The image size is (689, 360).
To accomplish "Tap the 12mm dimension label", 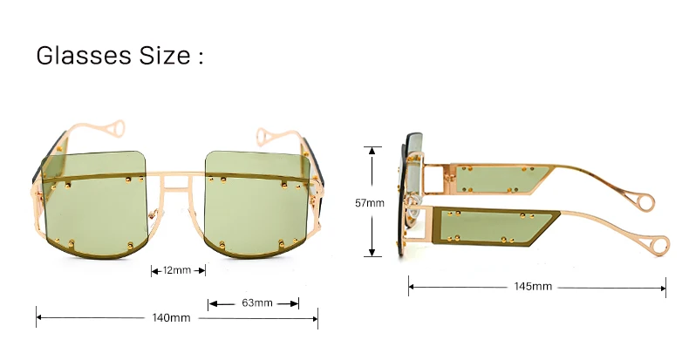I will click(177, 270).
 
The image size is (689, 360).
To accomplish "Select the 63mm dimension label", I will click(257, 303).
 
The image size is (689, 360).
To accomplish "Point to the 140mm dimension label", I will click(172, 318).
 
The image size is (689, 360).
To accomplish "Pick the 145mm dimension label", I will click(532, 287).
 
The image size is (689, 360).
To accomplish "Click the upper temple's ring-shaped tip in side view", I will click(645, 203).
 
